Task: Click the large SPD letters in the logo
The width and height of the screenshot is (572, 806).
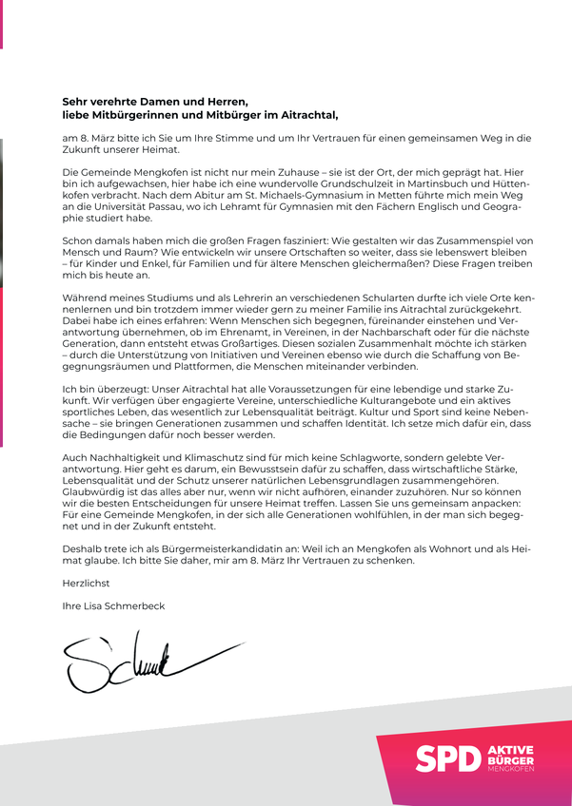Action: coord(446,758)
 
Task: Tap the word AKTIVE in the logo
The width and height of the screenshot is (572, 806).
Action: coord(509,750)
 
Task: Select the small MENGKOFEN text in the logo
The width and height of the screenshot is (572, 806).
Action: coord(509,769)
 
